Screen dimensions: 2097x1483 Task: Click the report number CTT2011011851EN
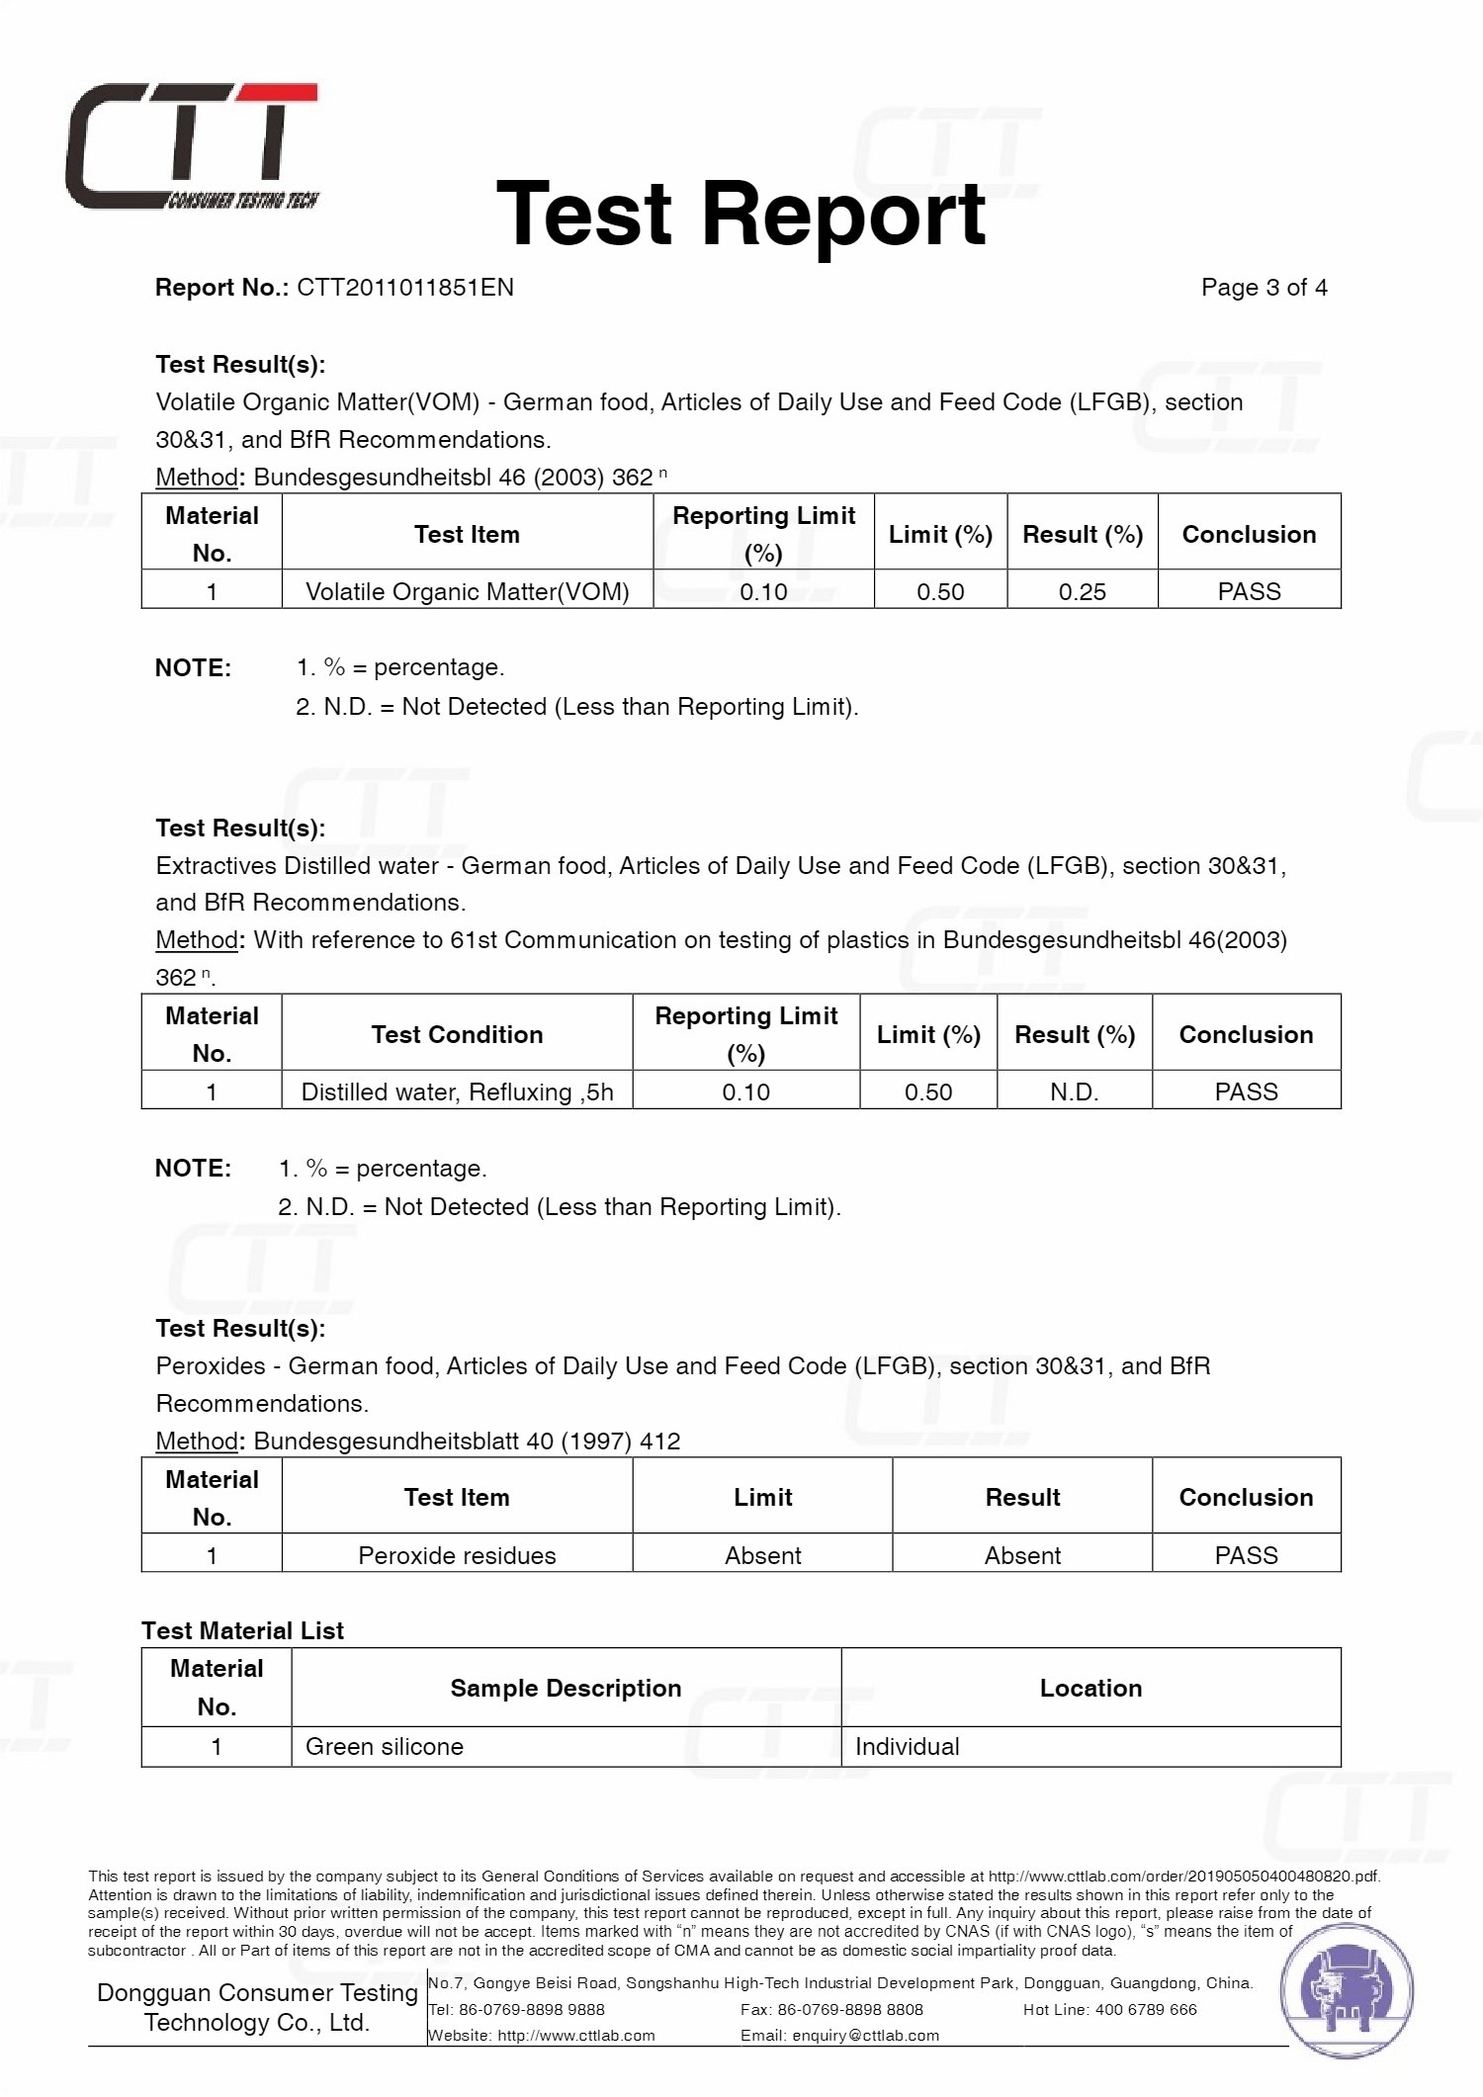[x=405, y=288]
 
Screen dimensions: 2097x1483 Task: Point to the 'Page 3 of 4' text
[x=1264, y=288]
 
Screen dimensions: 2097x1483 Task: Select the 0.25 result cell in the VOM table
[x=1082, y=591]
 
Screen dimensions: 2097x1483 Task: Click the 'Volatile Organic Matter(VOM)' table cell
[x=467, y=591]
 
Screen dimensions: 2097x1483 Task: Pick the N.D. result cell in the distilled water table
[x=1074, y=1092]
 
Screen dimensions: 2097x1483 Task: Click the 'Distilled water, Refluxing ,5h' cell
[x=457, y=1092]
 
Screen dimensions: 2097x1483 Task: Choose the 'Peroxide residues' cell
[x=457, y=1555]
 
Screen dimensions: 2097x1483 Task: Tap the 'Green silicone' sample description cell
[x=385, y=1746]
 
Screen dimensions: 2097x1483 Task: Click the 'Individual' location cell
[x=907, y=1746]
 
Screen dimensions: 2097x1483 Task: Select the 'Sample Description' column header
[x=566, y=1688]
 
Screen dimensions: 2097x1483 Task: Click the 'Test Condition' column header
[x=457, y=1034]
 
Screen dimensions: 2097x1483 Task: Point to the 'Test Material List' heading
[x=242, y=1630]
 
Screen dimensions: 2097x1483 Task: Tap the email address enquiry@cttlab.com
[x=865, y=2036]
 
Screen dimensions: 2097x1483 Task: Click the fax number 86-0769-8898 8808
[x=850, y=2009]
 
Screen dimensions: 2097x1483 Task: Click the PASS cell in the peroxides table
[x=1246, y=1555]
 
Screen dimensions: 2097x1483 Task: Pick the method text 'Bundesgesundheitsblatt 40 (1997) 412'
[x=467, y=1441]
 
